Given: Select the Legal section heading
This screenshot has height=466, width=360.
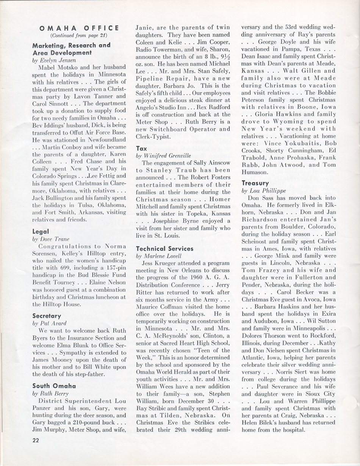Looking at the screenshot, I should click(41, 231).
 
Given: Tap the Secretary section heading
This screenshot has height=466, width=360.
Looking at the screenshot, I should click(47, 315).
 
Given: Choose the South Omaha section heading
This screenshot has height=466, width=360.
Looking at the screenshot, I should click(54, 386).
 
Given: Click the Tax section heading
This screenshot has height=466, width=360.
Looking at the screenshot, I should click(141, 149).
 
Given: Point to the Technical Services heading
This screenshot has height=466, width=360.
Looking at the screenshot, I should click(164, 248).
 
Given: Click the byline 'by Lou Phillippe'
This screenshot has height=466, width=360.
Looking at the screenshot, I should click(264, 191).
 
